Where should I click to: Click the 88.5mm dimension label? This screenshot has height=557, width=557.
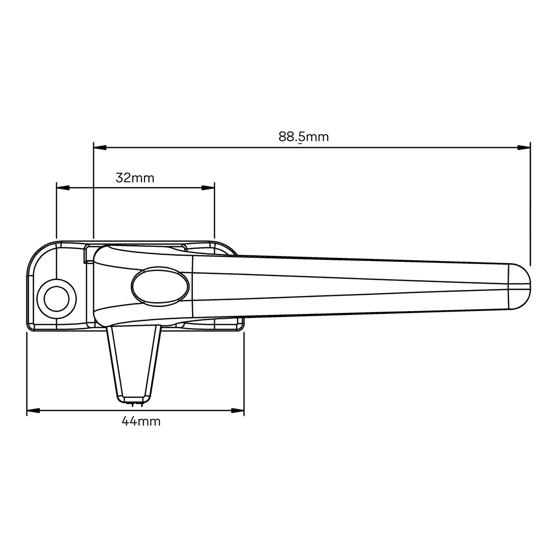point(304,137)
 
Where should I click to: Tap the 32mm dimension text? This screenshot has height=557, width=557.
point(135,178)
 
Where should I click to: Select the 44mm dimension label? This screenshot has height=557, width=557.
point(141,421)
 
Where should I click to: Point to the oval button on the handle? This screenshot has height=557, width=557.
point(161,286)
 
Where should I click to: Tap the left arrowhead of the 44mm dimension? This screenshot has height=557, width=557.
point(34,410)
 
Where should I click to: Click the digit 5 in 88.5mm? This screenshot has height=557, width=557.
point(301,137)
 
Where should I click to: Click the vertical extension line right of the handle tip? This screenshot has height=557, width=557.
point(530,205)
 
